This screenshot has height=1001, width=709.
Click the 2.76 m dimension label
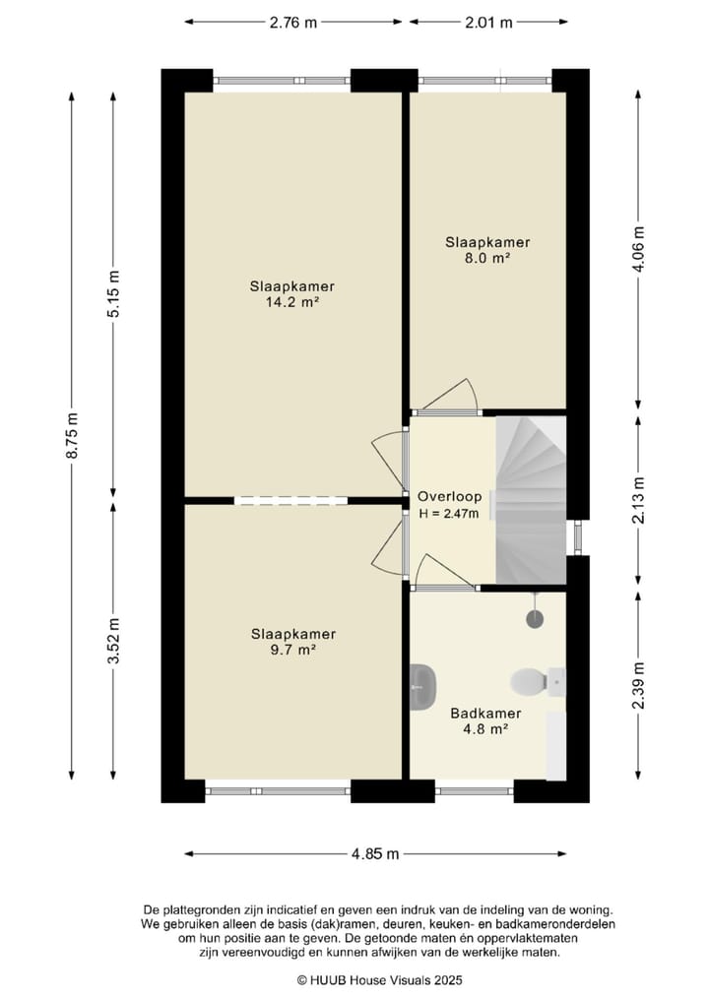pyautogui.click(x=293, y=23)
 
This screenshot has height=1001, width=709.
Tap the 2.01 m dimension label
pyautogui.click(x=488, y=23)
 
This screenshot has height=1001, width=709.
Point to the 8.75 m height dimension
pyautogui.click(x=72, y=435)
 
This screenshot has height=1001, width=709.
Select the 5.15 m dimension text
pyautogui.click(x=113, y=294)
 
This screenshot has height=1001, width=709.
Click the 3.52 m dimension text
pyautogui.click(x=113, y=641)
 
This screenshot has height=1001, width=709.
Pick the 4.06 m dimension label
pyautogui.click(x=638, y=250)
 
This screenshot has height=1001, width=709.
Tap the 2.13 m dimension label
pyautogui.click(x=638, y=500)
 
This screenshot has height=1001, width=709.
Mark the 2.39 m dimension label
pyautogui.click(x=638, y=686)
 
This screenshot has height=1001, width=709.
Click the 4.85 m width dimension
pyautogui.click(x=375, y=853)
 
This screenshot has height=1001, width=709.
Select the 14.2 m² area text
pyautogui.click(x=291, y=302)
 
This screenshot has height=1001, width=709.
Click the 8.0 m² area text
pyautogui.click(x=487, y=258)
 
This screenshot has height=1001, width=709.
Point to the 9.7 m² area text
pyautogui.click(x=293, y=650)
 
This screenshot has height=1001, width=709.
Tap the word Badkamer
pyautogui.click(x=485, y=713)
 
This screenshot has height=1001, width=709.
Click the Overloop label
pyautogui.click(x=450, y=496)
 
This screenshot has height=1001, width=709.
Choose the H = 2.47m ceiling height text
pyautogui.click(x=449, y=513)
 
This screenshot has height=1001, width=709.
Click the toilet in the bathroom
pyautogui.click(x=538, y=681)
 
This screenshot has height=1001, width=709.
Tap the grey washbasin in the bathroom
pyautogui.click(x=422, y=686)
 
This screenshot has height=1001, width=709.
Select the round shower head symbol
pyautogui.click(x=536, y=617)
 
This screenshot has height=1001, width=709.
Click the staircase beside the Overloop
pyautogui.click(x=531, y=500)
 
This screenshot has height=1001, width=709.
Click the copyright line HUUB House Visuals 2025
pyautogui.click(x=379, y=980)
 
